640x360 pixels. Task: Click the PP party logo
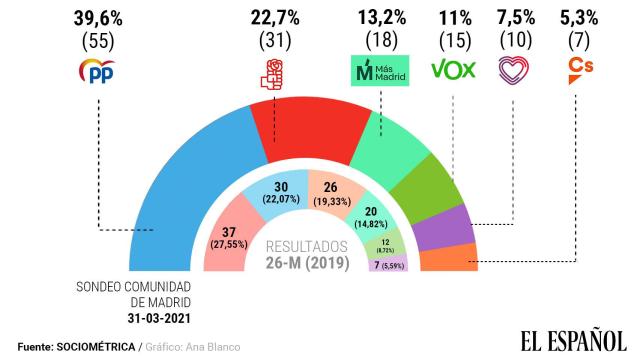99,71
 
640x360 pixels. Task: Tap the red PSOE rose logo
273,71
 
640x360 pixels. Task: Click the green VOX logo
453,71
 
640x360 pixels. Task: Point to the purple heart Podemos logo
513,70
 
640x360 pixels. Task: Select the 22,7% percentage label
273,19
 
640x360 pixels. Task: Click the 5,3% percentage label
576,19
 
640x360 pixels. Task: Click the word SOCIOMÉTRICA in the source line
100,347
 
